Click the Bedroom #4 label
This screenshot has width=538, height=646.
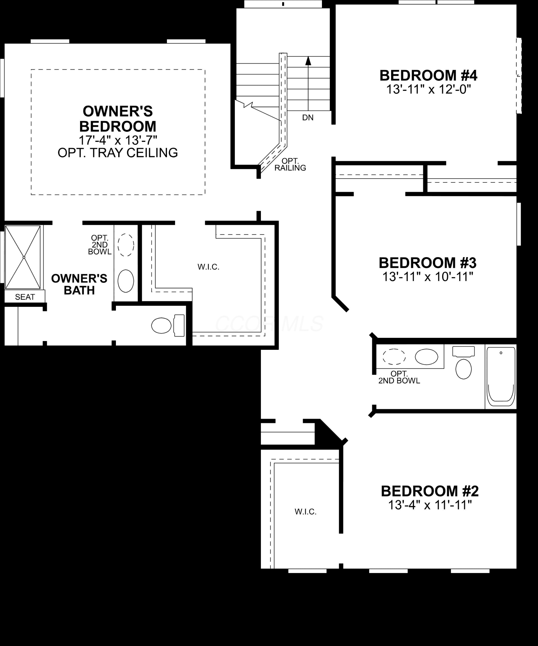(x=428, y=75)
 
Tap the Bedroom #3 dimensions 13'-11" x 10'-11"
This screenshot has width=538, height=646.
(x=428, y=277)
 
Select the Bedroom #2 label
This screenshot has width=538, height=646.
(x=429, y=491)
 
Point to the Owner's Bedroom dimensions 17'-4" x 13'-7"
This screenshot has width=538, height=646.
(x=118, y=140)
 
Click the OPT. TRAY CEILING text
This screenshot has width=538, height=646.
(x=118, y=153)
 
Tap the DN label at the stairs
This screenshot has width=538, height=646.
(x=308, y=118)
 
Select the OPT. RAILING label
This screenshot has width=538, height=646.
(x=290, y=164)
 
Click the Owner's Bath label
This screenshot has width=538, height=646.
(x=79, y=284)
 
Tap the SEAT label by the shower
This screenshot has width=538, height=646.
(x=25, y=297)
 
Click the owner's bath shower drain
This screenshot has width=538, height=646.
(x=24, y=257)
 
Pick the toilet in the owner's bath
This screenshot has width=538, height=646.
(x=168, y=325)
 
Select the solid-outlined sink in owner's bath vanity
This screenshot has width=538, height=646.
(x=126, y=281)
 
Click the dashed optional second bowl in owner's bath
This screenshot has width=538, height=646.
(x=126, y=245)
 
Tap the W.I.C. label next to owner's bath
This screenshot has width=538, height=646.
(x=208, y=267)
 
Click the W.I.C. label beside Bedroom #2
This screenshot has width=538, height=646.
(x=305, y=512)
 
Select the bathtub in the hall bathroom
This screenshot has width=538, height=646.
(x=501, y=377)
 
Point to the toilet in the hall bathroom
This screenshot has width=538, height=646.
(x=463, y=362)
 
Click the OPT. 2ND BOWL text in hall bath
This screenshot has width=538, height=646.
(x=399, y=378)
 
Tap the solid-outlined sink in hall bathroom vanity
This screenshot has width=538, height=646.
(x=426, y=357)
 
